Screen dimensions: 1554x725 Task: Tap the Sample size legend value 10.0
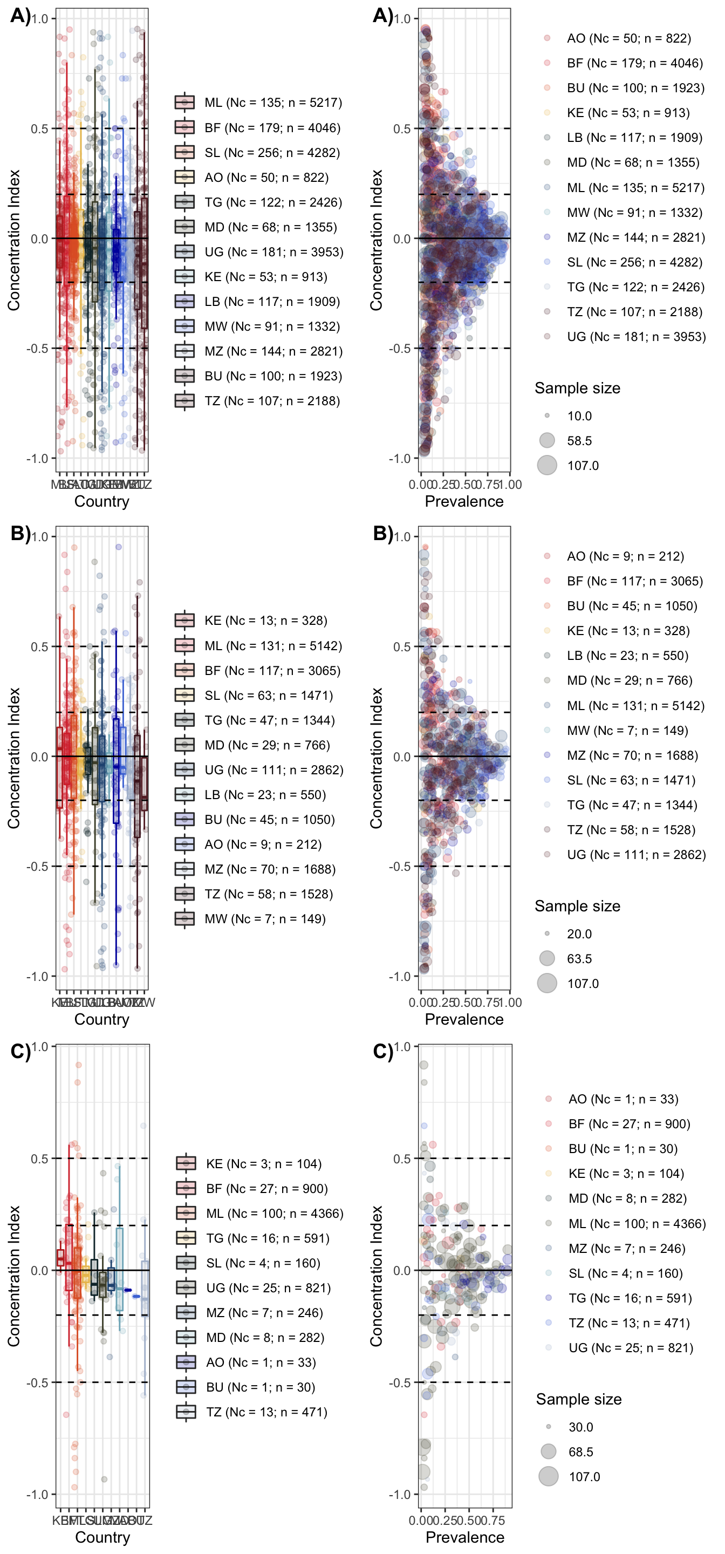[x=579, y=415]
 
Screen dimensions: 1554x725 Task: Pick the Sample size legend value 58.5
[x=579, y=440]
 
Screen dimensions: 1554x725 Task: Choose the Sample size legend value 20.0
[x=579, y=934]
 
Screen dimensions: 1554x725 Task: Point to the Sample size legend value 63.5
[x=579, y=959]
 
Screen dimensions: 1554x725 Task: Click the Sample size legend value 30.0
[x=580, y=1427]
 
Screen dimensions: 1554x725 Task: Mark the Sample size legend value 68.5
[x=580, y=1451]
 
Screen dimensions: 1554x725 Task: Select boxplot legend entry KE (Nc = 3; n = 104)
[x=264, y=1164]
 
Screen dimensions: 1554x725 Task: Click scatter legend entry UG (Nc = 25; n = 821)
[x=630, y=1348]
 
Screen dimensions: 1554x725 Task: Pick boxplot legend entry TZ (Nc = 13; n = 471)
[x=266, y=1412]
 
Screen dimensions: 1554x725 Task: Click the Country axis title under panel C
[x=102, y=1537]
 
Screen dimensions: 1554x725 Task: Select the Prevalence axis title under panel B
[x=464, y=1019]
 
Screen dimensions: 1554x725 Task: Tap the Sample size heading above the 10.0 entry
[x=577, y=388]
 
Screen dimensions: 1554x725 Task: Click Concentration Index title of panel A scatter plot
[x=377, y=240]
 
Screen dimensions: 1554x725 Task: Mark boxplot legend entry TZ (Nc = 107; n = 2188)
[x=272, y=400]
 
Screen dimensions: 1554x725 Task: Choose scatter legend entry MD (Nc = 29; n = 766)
[x=629, y=680]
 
